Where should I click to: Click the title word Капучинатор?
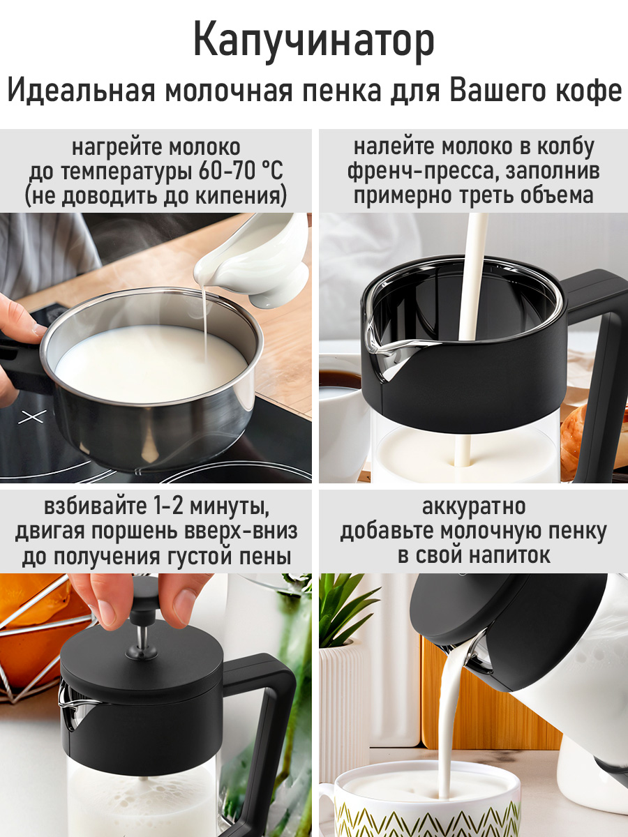pyautogui.click(x=314, y=42)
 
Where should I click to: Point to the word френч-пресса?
pyautogui.click(x=423, y=172)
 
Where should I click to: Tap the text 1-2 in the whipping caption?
pyautogui.click(x=168, y=506)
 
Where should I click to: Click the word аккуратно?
pyautogui.click(x=474, y=506)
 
